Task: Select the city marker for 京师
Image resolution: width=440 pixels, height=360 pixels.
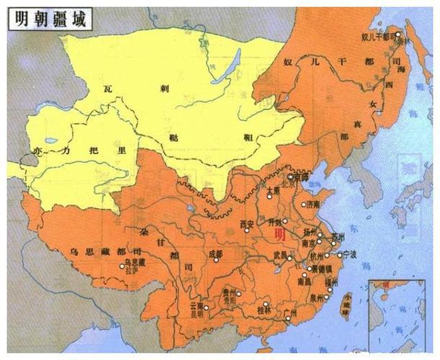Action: point(289,176)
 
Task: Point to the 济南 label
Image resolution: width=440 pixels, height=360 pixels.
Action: point(315,204)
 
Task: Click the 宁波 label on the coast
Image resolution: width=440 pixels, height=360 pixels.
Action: point(351,254)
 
